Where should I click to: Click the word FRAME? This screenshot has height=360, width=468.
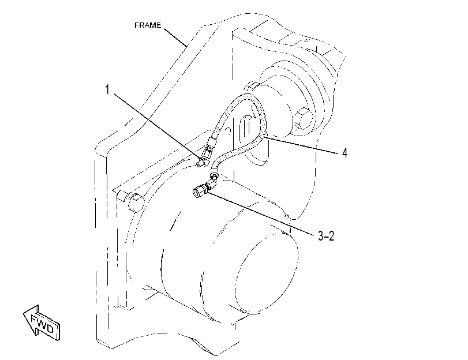click(148, 25)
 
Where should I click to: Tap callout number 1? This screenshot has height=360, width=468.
click(107, 89)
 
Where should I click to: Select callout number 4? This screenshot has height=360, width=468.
click(345, 153)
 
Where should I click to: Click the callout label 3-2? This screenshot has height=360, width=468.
click(326, 236)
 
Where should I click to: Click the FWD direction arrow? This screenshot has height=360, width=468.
click(41, 323)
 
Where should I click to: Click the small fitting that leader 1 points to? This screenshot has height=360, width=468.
click(202, 162)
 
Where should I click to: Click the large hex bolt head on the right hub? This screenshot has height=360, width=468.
click(303, 118)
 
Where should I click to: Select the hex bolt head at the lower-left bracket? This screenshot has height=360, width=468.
click(136, 202)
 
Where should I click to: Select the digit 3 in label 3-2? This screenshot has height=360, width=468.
click(320, 236)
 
